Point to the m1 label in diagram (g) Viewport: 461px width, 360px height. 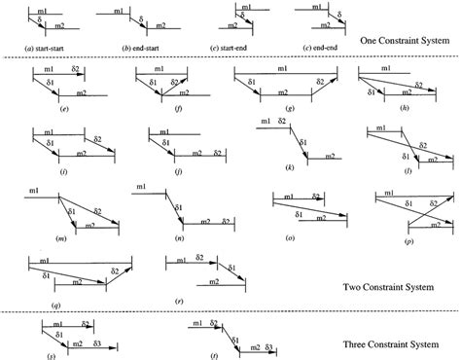282,69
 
